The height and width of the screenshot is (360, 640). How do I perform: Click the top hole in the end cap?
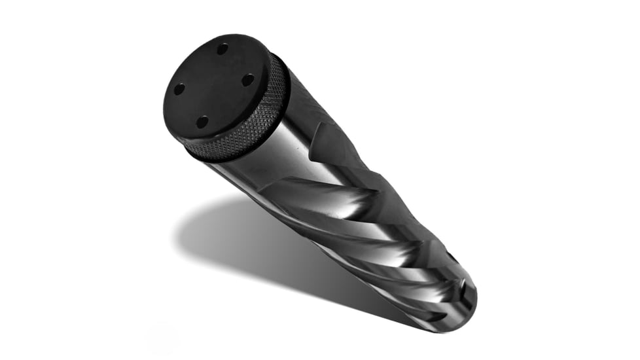[x=222, y=48]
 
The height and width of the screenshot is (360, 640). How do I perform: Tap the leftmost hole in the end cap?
[x=178, y=88]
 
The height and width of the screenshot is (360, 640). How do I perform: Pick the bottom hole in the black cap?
[x=202, y=121]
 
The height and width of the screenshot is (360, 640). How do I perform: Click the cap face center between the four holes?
[x=213, y=84]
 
